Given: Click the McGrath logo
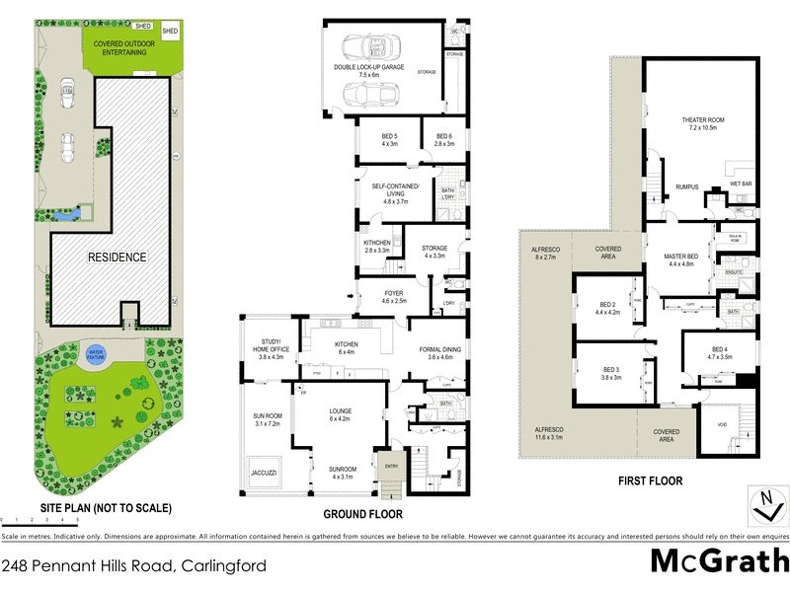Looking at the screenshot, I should pos(718,562).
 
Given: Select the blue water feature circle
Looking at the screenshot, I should pos(97,354).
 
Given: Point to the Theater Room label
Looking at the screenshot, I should pos(703,124).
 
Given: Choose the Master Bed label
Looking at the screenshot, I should pos(682,259).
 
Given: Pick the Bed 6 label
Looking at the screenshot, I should pos(443,139).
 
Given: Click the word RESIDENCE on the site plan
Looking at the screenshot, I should pos(117,258).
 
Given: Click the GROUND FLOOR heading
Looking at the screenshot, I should pos(362,515).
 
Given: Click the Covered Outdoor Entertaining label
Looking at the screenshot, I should pos(120,48).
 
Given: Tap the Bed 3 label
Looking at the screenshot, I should pos(610,375).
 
